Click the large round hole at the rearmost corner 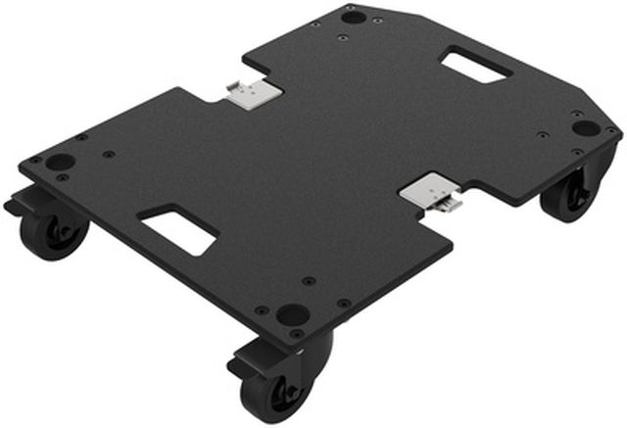(355, 17)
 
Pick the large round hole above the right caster (585, 127)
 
